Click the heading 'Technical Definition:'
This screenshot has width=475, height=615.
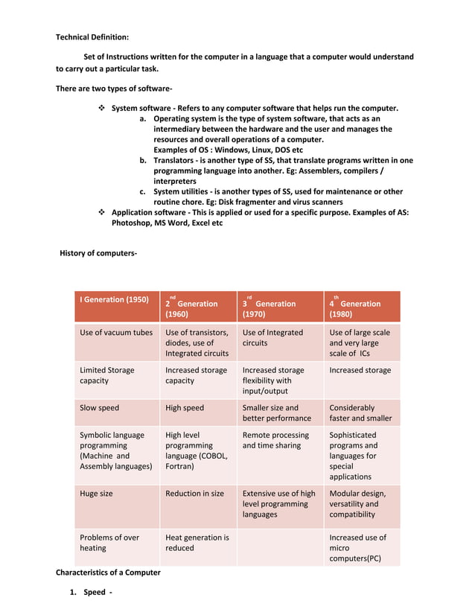point(92,36)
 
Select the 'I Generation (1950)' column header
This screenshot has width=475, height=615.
point(114,300)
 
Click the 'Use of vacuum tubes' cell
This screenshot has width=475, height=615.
point(116,333)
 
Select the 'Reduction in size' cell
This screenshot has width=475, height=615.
point(194,494)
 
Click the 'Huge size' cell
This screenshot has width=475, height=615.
point(98,494)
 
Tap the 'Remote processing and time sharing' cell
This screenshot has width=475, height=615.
point(275,440)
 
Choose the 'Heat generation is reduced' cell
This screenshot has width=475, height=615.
point(197,543)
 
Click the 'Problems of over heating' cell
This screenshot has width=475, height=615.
point(109,543)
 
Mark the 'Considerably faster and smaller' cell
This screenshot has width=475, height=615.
point(360,413)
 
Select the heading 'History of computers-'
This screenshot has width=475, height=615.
point(98,254)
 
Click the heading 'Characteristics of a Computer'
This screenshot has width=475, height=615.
point(108,573)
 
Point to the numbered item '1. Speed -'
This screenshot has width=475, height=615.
point(89,593)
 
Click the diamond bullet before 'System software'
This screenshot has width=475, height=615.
point(102,109)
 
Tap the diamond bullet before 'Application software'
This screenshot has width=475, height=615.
point(102,213)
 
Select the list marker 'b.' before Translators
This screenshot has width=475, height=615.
point(143,161)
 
